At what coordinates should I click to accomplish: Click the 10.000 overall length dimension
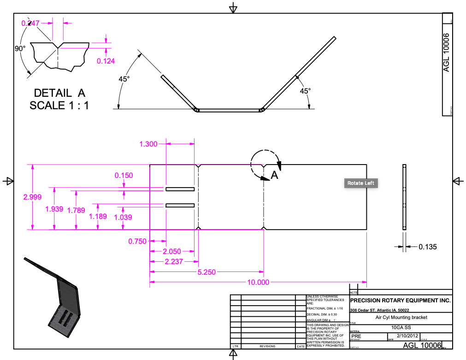pyautogui.click(x=258, y=283)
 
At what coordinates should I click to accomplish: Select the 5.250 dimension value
pyautogui.click(x=206, y=272)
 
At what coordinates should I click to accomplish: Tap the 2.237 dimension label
pyautogui.click(x=173, y=261)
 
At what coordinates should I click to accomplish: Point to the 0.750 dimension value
pyautogui.click(x=137, y=241)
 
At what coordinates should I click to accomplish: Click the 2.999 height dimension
pyautogui.click(x=32, y=197)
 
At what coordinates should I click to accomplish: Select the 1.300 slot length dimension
pyautogui.click(x=148, y=144)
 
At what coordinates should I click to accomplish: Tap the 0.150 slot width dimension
pyautogui.click(x=124, y=175)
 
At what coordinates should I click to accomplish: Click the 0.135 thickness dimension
pyautogui.click(x=427, y=247)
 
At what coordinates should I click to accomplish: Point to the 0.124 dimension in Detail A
pyautogui.click(x=106, y=61)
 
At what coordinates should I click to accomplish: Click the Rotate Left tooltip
pyautogui.click(x=361, y=183)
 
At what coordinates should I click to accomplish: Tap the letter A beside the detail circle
pyautogui.click(x=274, y=175)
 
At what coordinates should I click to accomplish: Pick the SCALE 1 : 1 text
pyautogui.click(x=59, y=106)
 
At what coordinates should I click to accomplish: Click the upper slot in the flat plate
pyautogui.click(x=180, y=189)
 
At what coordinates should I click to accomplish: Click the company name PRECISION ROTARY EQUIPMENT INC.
pyautogui.click(x=401, y=301)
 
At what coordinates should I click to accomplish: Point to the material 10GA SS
pyautogui.click(x=401, y=327)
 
